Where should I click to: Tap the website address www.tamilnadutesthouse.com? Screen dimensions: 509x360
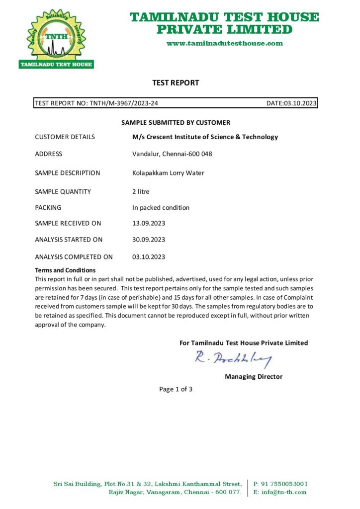click(x=225, y=43)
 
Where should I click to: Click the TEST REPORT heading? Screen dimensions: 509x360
click(x=176, y=83)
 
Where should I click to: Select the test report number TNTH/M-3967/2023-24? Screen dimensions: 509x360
click(x=124, y=103)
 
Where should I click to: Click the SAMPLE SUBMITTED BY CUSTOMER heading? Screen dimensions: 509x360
click(x=176, y=122)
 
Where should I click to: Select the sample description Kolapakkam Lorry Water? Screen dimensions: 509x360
click(x=168, y=173)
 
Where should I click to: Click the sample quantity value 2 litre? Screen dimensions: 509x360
click(x=141, y=191)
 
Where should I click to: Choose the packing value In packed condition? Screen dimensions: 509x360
click(x=161, y=208)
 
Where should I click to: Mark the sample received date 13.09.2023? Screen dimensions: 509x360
click(x=149, y=224)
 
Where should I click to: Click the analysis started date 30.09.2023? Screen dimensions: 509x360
click(x=149, y=240)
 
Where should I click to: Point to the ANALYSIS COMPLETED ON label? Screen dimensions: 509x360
click(x=74, y=257)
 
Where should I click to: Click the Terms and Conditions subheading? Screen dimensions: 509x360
click(x=65, y=270)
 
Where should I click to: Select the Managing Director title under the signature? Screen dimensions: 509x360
click(x=254, y=377)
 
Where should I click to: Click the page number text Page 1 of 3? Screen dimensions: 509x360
click(x=176, y=389)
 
